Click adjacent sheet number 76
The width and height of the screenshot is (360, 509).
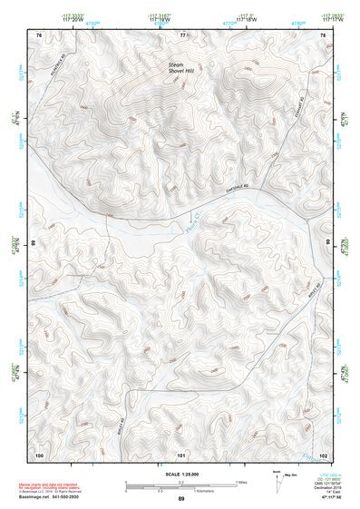point(38,34)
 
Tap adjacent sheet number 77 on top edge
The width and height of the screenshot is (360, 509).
point(181,34)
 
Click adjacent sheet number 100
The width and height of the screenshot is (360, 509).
point(39,454)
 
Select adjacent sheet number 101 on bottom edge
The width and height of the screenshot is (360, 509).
point(181,454)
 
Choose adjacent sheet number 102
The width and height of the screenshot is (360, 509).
point(322,454)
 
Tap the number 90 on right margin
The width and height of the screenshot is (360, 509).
point(328,244)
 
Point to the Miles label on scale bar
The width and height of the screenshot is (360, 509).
point(242,481)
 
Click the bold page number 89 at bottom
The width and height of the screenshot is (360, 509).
point(180,500)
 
